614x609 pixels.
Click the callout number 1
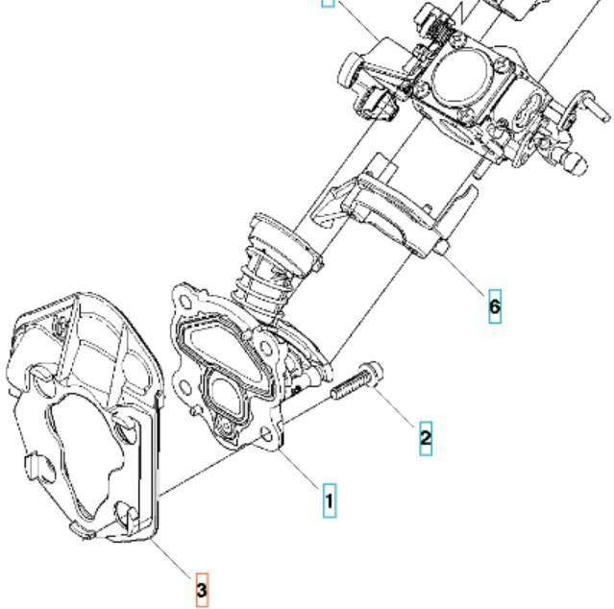click(329, 499)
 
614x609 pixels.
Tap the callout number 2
click(425, 438)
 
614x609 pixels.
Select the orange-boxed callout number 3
click(201, 589)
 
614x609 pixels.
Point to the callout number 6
click(494, 306)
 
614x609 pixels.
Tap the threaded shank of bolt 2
click(348, 389)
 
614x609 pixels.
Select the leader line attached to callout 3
click(173, 558)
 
